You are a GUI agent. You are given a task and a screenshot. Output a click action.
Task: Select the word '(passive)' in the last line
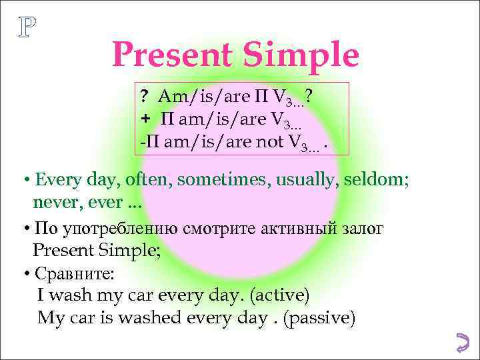[x=319, y=317]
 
